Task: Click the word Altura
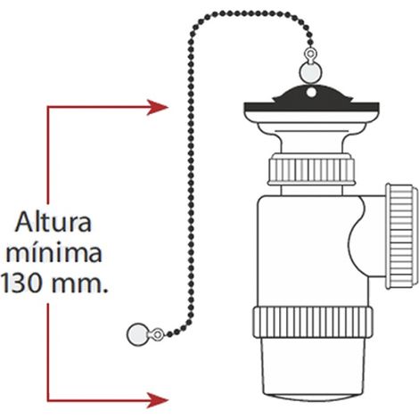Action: pos(53,223)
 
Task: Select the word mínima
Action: pos(54,254)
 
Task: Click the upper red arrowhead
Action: pos(158,107)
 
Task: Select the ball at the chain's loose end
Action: pos(137,334)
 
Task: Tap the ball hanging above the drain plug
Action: pos(310,72)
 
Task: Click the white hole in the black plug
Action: pos(311,93)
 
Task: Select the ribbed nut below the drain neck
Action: pos(311,170)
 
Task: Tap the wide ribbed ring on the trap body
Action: pos(313,322)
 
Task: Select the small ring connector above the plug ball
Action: pos(310,55)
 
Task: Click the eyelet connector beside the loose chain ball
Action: pos(157,334)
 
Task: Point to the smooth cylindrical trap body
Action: pos(309,251)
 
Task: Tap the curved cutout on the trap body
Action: pos(359,238)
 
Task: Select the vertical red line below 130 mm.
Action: pos(48,352)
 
